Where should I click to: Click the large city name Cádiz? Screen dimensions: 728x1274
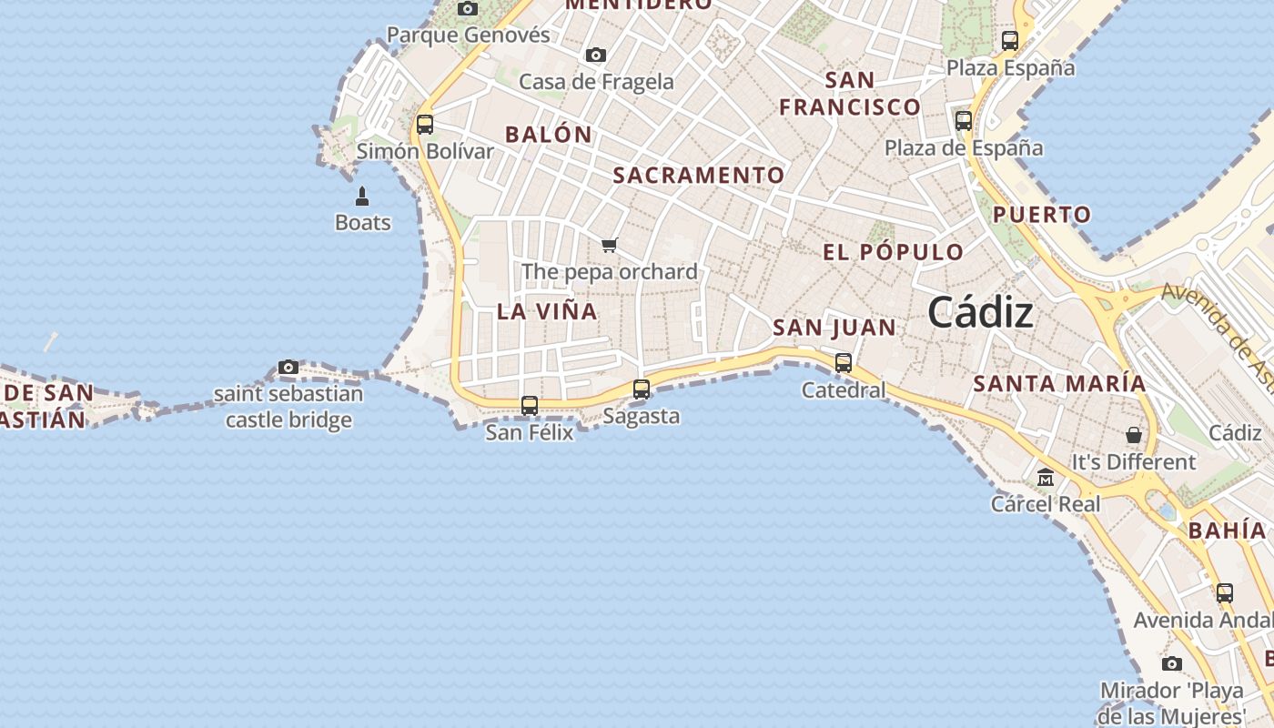(980, 313)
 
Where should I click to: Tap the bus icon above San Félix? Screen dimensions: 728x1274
(530, 405)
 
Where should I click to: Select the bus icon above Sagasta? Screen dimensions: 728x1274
(642, 389)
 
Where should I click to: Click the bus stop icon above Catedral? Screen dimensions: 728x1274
(844, 362)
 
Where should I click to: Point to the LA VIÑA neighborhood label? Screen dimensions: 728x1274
(547, 311)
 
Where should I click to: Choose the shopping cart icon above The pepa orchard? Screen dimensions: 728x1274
(610, 244)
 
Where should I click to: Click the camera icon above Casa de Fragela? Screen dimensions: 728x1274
(596, 55)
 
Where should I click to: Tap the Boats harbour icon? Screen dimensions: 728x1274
(362, 197)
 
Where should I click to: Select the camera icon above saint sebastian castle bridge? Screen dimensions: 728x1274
(288, 367)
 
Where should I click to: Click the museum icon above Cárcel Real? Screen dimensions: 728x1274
(1046, 477)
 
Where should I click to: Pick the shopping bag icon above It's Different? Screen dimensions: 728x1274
(1133, 435)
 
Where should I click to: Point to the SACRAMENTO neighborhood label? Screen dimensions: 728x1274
(698, 175)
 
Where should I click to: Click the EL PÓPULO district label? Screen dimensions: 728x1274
(893, 252)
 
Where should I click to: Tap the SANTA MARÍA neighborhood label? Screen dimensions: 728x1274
(1059, 383)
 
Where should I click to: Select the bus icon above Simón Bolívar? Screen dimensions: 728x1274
(424, 124)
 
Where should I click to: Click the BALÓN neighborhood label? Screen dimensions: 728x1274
(549, 134)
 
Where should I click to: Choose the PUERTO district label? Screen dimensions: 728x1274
(1041, 215)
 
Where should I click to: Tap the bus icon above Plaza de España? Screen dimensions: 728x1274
(964, 120)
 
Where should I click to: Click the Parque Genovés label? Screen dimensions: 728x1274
(469, 35)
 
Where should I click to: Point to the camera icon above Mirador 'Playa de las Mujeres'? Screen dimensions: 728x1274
(1172, 663)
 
